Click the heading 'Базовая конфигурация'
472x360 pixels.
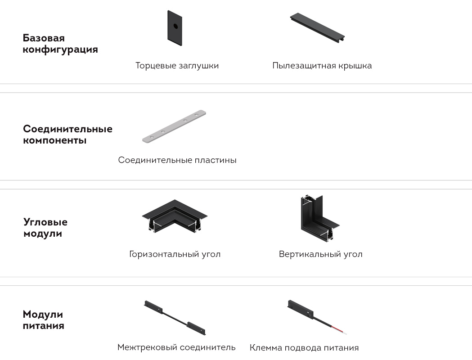click(60, 44)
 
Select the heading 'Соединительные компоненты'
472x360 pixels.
click(68, 135)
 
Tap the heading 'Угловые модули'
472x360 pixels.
click(45, 228)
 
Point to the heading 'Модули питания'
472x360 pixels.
click(43, 320)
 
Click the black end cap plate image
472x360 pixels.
click(175, 28)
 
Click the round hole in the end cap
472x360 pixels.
click(175, 26)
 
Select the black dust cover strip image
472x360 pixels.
click(317, 27)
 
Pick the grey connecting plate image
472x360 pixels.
click(174, 126)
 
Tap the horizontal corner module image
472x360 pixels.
click(175, 216)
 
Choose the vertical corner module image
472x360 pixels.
click(319, 218)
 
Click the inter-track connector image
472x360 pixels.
click(175, 318)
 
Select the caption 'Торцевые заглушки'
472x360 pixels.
click(177, 66)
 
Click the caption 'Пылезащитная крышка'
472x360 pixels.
click(322, 66)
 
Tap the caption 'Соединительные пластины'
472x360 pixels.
click(177, 160)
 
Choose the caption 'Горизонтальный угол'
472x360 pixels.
click(175, 254)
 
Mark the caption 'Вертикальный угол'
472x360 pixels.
click(320, 254)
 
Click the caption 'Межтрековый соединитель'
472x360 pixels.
click(176, 347)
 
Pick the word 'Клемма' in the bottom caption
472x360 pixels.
click(266, 348)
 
